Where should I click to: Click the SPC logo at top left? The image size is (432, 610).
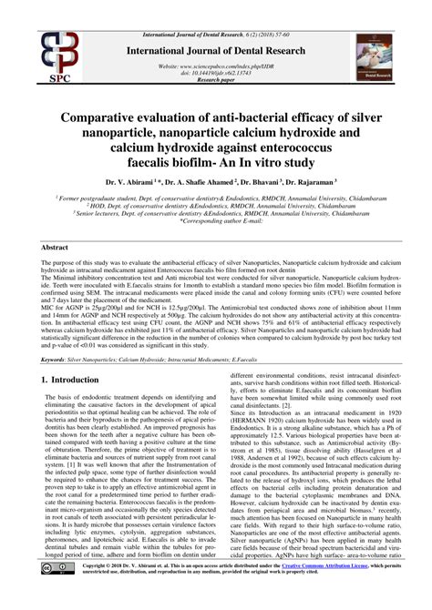[35, 50]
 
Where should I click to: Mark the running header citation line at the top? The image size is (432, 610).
[215, 6]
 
